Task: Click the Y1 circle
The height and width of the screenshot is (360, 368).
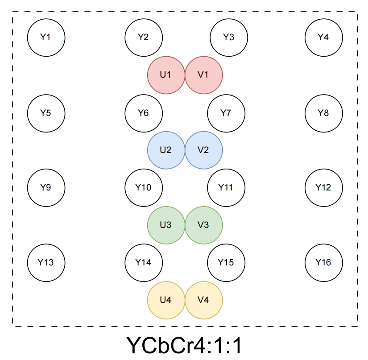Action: (46, 37)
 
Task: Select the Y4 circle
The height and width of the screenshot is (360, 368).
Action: (323, 37)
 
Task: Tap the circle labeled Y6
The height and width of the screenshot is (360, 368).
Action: (143, 113)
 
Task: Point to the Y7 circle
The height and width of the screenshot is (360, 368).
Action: (226, 113)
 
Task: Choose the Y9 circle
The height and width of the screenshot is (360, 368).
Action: (46, 187)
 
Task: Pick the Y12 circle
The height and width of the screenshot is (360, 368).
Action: (323, 187)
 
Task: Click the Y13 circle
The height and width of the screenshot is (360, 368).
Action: (46, 262)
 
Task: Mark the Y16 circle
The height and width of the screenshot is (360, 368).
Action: (323, 262)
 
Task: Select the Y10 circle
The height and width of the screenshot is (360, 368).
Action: (143, 187)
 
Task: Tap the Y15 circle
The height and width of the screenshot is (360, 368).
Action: (226, 262)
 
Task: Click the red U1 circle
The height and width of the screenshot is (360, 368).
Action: (166, 75)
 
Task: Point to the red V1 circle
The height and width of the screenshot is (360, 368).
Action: (203, 75)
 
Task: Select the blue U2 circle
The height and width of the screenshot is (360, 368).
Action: (166, 150)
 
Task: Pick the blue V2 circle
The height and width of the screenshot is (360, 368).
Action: (203, 150)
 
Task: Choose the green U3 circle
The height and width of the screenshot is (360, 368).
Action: (166, 225)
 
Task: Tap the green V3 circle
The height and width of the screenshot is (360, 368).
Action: (203, 225)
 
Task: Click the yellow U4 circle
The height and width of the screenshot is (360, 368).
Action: (166, 300)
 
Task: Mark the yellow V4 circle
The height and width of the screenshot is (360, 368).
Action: (203, 300)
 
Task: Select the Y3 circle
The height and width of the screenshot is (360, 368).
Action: (228, 37)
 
